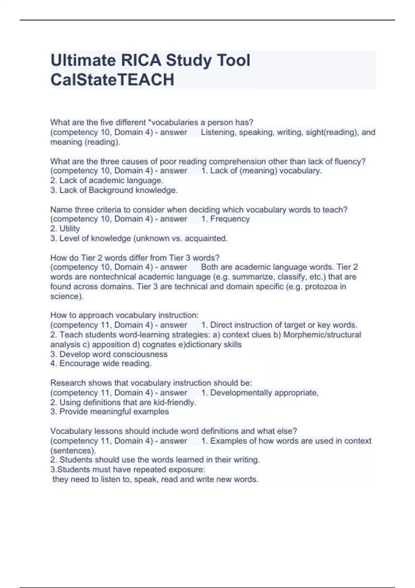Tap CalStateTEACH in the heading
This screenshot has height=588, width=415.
(x=112, y=80)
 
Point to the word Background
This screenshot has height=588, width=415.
(x=111, y=190)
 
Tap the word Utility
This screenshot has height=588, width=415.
(x=70, y=229)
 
